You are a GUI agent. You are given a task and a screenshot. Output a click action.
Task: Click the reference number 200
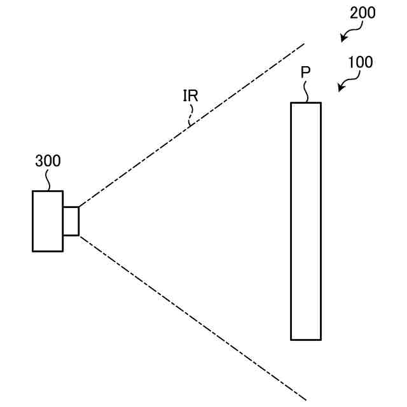tap(362, 13)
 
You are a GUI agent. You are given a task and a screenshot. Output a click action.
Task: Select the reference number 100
tap(361, 62)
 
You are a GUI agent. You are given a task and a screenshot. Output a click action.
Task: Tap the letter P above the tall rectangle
tap(305, 72)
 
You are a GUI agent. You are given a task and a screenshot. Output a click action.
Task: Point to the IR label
tap(190, 96)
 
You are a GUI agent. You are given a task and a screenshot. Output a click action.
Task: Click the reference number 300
tap(48, 161)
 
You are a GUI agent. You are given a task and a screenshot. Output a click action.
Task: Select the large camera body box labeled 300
tap(48, 221)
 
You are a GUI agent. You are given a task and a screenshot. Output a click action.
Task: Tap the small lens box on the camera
tap(71, 221)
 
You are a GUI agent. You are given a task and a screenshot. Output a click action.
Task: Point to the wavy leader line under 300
tap(48, 180)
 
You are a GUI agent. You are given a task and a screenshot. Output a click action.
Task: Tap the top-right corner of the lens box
tap(78, 207)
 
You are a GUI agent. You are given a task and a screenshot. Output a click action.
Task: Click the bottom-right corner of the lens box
tap(78, 235)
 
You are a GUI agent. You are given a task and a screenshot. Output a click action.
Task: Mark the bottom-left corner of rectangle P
tap(291, 339)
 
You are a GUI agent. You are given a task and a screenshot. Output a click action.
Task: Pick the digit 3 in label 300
tap(39, 161)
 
